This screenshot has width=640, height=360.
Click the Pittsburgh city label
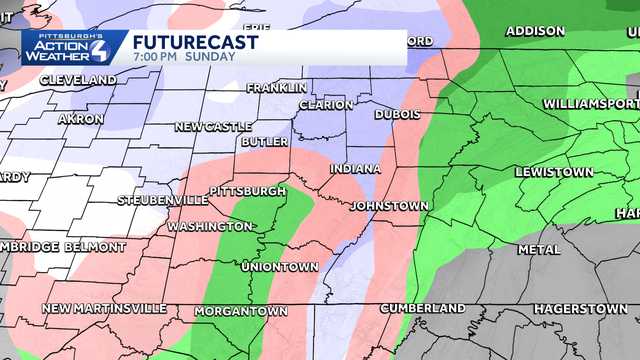pos(247,191)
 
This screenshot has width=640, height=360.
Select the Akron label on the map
pos(81,119)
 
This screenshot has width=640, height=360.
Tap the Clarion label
pos(326,105)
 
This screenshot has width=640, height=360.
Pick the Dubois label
pos(397,115)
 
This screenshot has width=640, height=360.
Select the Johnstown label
pos(389,207)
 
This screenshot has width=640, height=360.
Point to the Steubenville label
pos(163,201)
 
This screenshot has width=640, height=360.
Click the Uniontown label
pos(280,267)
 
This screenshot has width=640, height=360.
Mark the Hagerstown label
pos(580,309)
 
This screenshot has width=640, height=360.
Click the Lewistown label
pos(554,172)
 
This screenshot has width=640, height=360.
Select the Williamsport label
pos(590,104)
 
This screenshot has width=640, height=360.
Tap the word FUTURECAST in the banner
pos(195,42)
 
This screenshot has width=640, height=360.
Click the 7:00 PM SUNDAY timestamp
pos(183,57)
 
